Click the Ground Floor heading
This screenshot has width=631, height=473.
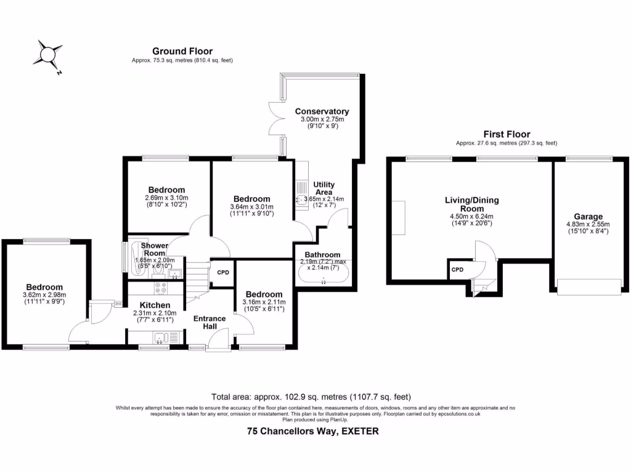(x=182, y=51)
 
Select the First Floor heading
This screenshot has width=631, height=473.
(x=507, y=134)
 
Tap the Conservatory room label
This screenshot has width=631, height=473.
(x=322, y=111)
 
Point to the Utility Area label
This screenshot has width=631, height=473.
(x=324, y=188)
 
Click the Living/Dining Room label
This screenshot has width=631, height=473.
(x=472, y=204)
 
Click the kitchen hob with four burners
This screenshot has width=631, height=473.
(x=161, y=286)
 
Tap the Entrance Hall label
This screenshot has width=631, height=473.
(x=210, y=322)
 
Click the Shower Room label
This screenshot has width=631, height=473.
(x=155, y=249)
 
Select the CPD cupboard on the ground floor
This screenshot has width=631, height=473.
(x=222, y=272)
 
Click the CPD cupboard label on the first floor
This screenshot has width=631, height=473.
(x=457, y=270)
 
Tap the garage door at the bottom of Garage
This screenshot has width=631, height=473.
(x=588, y=286)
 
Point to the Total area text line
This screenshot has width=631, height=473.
(x=311, y=397)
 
